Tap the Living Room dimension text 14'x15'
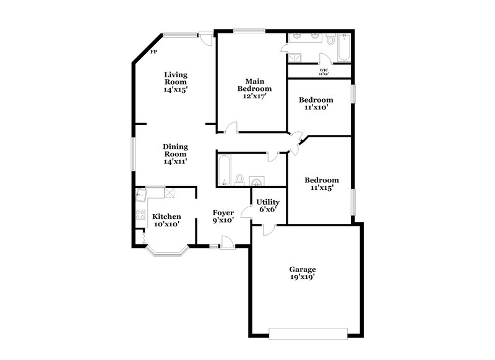pos(176,90)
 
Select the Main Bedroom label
pos(251,85)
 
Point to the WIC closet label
pos(324,70)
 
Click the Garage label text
pos(303,269)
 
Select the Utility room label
pos(268,202)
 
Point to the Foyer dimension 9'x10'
pos(223,220)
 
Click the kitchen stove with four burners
pos(140,216)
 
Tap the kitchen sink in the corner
pos(141,195)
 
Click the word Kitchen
pos(166,216)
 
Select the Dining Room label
pos(176,150)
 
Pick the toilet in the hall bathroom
pos(240,179)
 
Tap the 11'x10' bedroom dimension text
pos(316,107)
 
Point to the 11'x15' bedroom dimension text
pos(322,188)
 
